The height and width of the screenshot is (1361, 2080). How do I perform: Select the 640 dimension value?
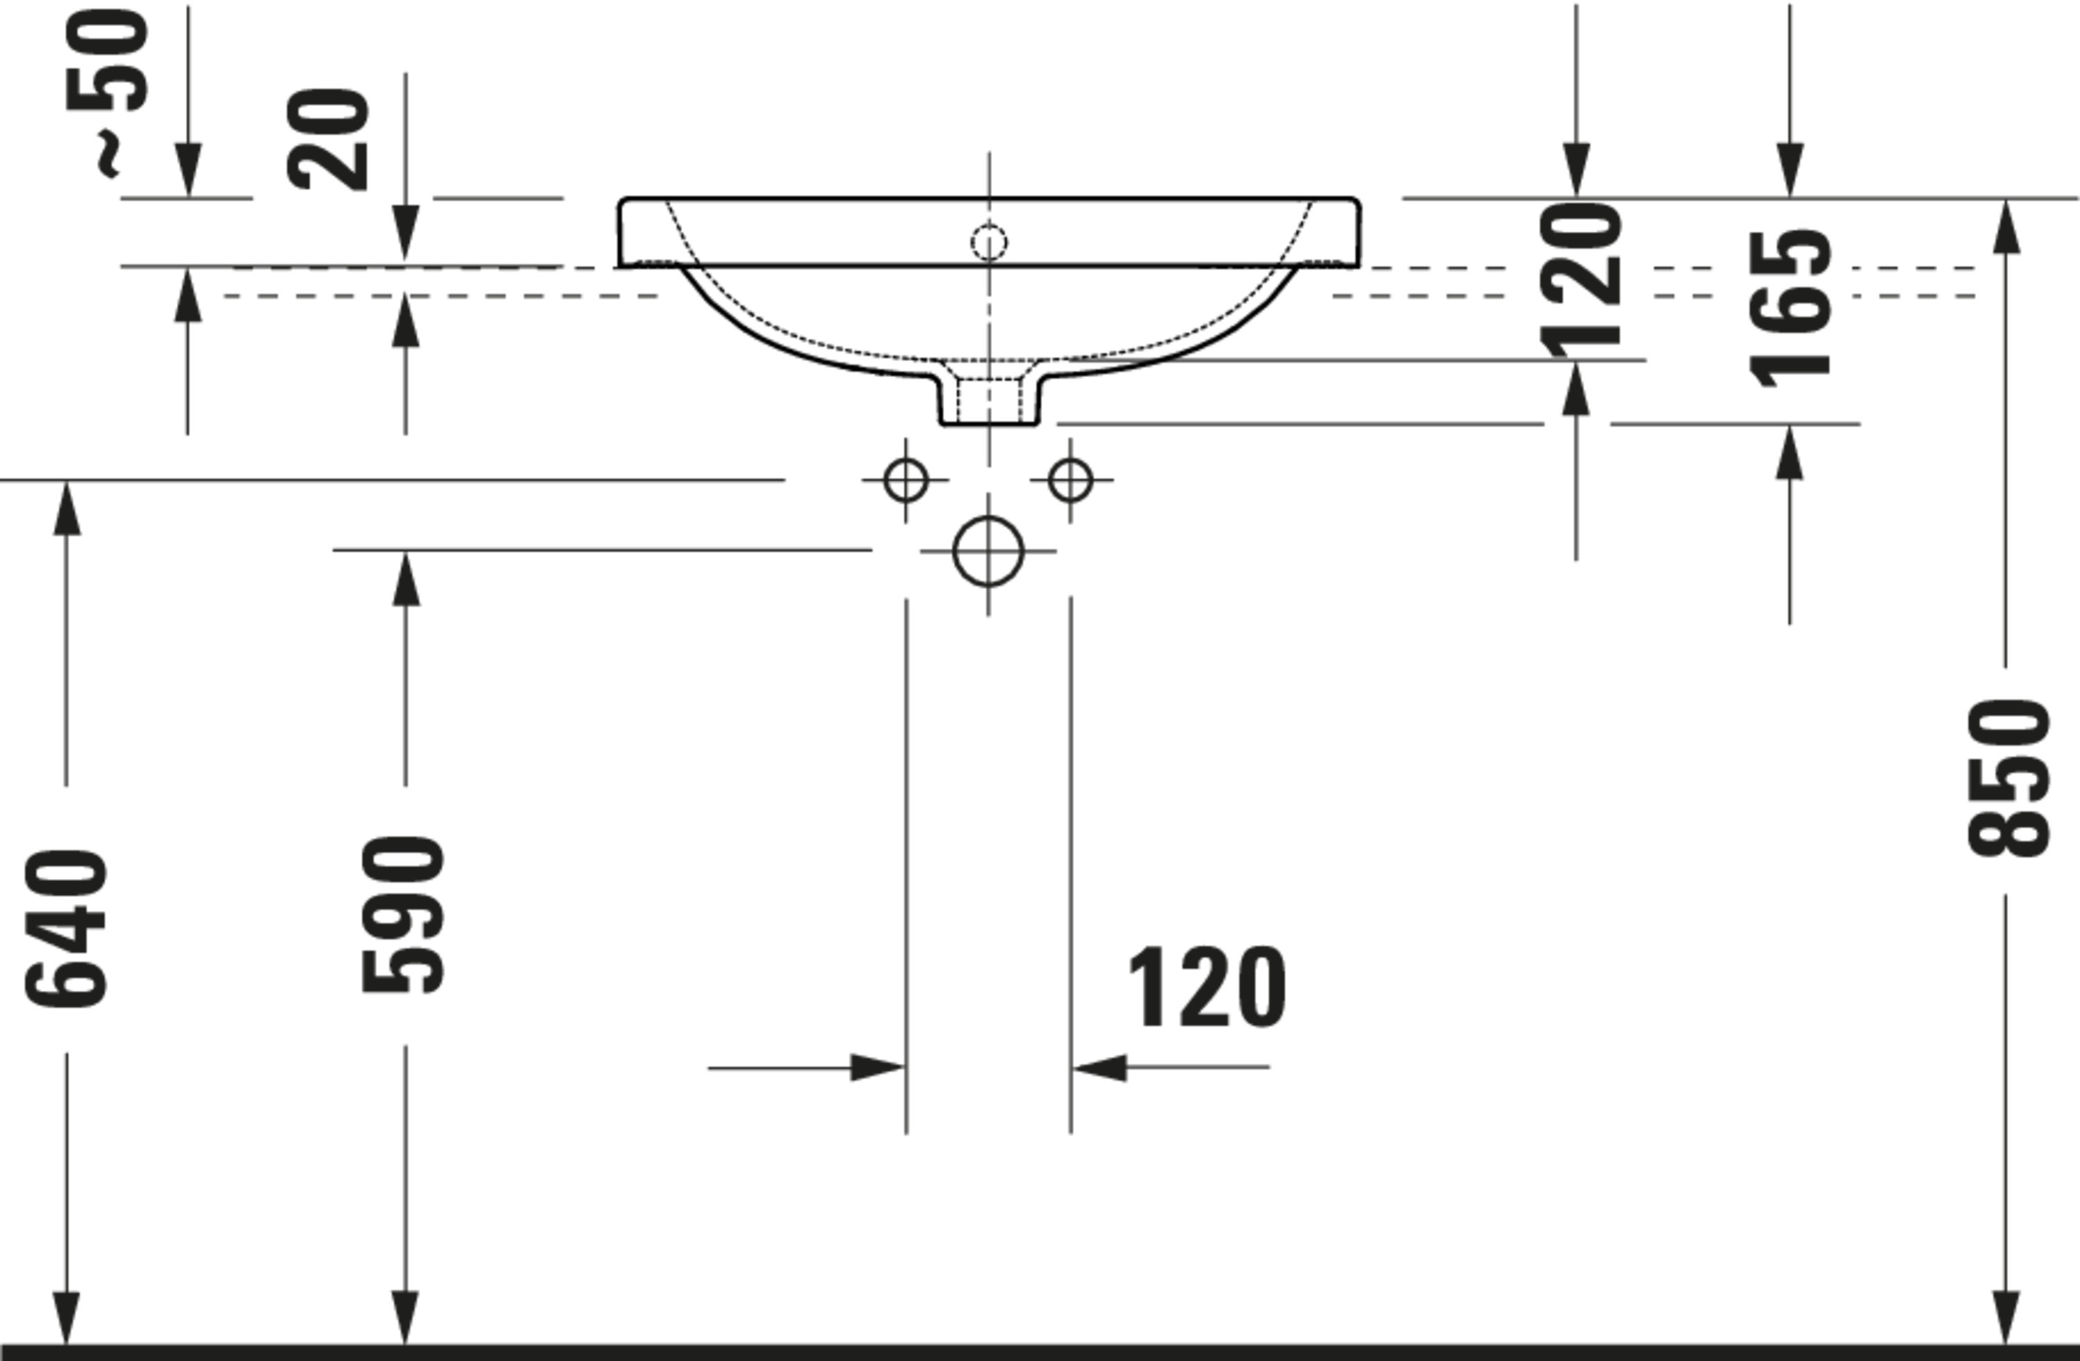pyautogui.click(x=67, y=927)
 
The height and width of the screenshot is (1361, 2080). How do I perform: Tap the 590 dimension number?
pyautogui.click(x=403, y=914)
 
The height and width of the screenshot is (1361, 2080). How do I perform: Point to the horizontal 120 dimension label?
pyautogui.click(x=1207, y=987)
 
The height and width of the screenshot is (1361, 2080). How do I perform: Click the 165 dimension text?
pyautogui.click(x=1789, y=309)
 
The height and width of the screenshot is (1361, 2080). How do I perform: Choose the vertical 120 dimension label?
pyautogui.click(x=1580, y=280)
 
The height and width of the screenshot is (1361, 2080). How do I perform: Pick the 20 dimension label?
pyautogui.click(x=328, y=139)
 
